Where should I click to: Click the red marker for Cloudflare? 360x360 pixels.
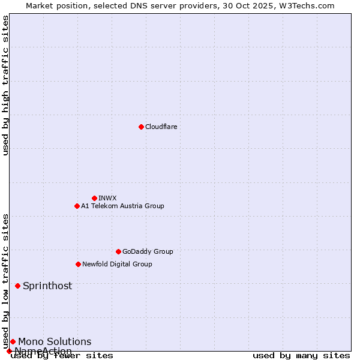pyautogui.click(x=141, y=127)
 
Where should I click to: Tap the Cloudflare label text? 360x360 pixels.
pyautogui.click(x=161, y=127)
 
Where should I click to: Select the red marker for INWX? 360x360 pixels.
pyautogui.click(x=94, y=198)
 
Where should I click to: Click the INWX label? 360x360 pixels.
pyautogui.click(x=107, y=198)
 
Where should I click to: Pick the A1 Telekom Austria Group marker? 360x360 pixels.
pyautogui.click(x=77, y=206)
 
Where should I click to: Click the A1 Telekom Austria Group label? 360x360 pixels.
pyautogui.click(x=122, y=206)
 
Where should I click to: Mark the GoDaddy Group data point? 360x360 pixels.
pyautogui.click(x=118, y=251)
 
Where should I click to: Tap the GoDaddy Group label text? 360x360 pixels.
pyautogui.click(x=148, y=251)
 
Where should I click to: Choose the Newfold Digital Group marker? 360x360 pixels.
pyautogui.click(x=78, y=264)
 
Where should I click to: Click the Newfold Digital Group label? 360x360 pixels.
pyautogui.click(x=117, y=264)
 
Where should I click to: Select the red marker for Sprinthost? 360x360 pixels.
pyautogui.click(x=17, y=286)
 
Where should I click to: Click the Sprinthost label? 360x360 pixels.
pyautogui.click(x=47, y=286)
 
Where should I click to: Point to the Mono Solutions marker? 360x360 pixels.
pyautogui.click(x=13, y=341)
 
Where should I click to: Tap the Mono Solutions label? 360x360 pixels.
pyautogui.click(x=55, y=341)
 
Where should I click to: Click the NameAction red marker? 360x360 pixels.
pyautogui.click(x=9, y=351)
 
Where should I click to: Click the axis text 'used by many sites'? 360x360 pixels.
pyautogui.click(x=301, y=355)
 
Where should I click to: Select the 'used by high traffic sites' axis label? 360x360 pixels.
pyautogui.click(x=5, y=85)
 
